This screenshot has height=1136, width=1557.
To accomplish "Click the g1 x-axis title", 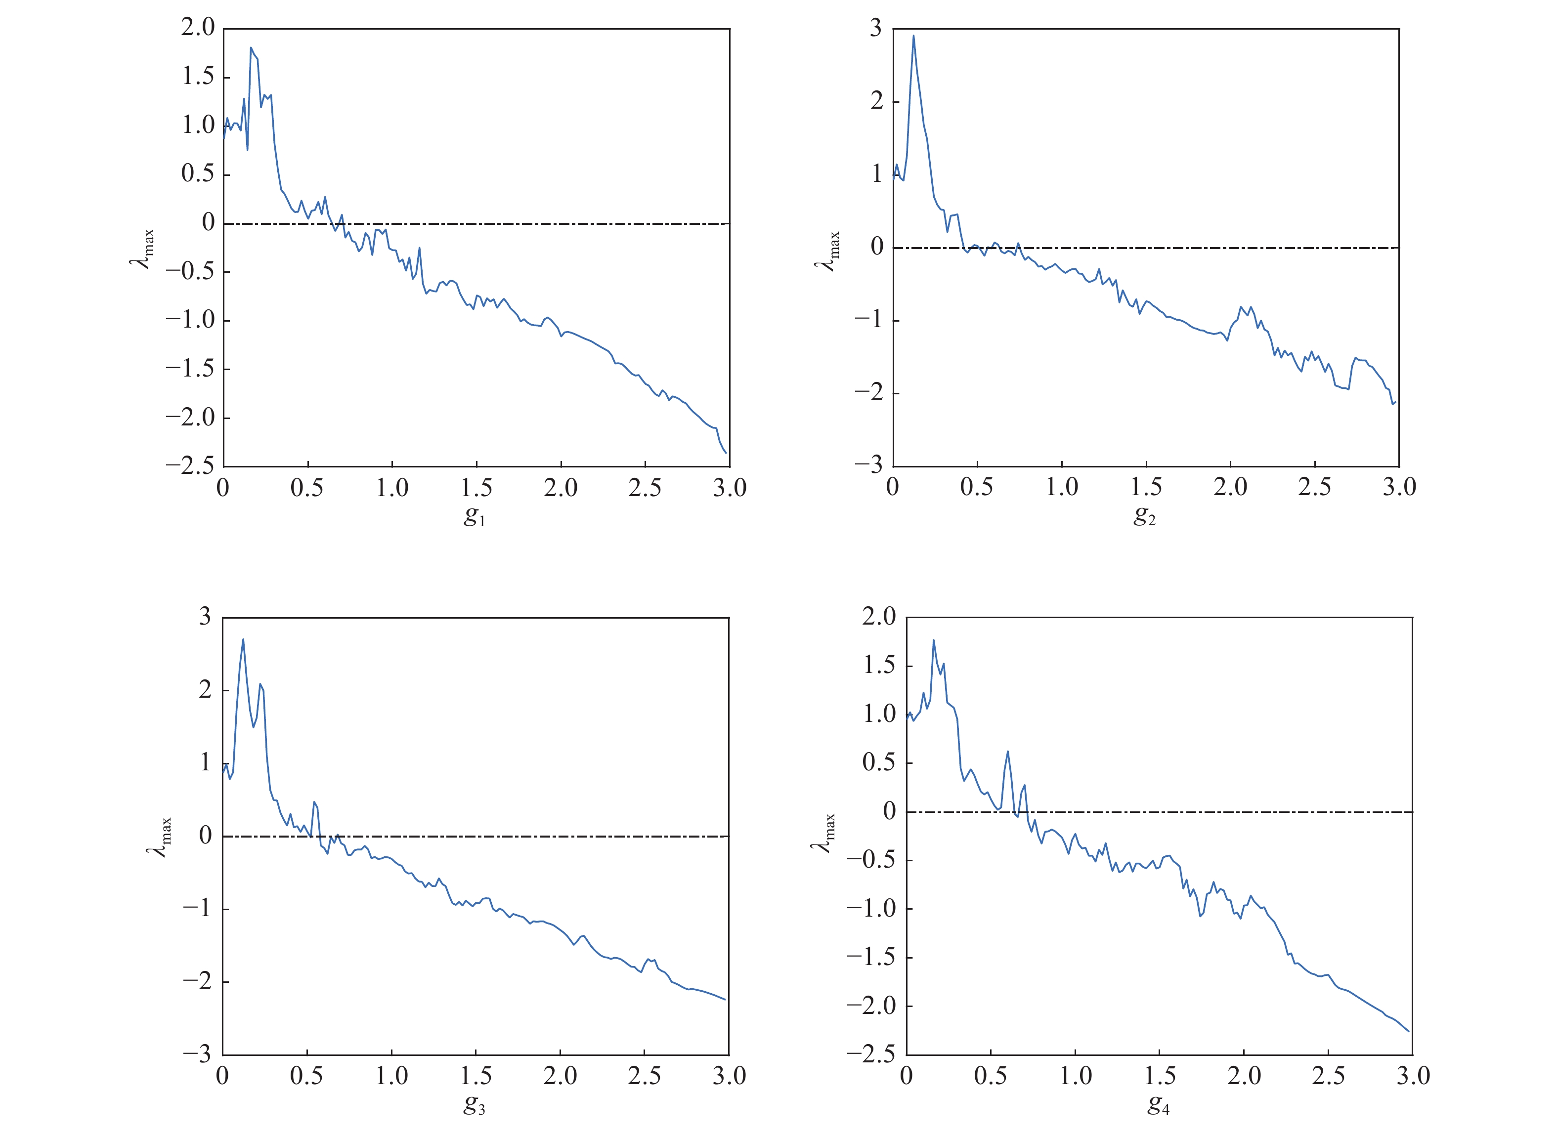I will coord(475,516).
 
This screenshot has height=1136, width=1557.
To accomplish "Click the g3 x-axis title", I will coord(475,1104).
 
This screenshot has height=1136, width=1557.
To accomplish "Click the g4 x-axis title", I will coord(1158,1104).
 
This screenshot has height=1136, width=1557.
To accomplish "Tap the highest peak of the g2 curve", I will coord(913,36).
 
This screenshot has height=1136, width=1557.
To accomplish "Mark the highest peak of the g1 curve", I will coord(251,47).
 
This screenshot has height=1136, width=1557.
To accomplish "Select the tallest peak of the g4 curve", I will coord(933,640).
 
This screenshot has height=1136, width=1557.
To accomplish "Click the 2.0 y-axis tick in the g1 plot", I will coord(198,28).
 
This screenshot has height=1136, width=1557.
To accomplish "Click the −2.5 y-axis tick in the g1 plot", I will coord(190,465).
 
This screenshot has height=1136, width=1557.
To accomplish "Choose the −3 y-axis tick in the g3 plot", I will coord(197,1054).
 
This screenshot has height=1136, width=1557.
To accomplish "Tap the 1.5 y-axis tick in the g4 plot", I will coord(880,666).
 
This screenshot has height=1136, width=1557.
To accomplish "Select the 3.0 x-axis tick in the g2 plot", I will coord(1399,488).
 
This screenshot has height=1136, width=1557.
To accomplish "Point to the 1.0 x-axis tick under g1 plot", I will coord(392,488).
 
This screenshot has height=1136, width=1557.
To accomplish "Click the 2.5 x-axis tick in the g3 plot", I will coord(645,1076).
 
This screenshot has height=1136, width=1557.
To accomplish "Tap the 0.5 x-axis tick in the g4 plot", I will coord(991,1076).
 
